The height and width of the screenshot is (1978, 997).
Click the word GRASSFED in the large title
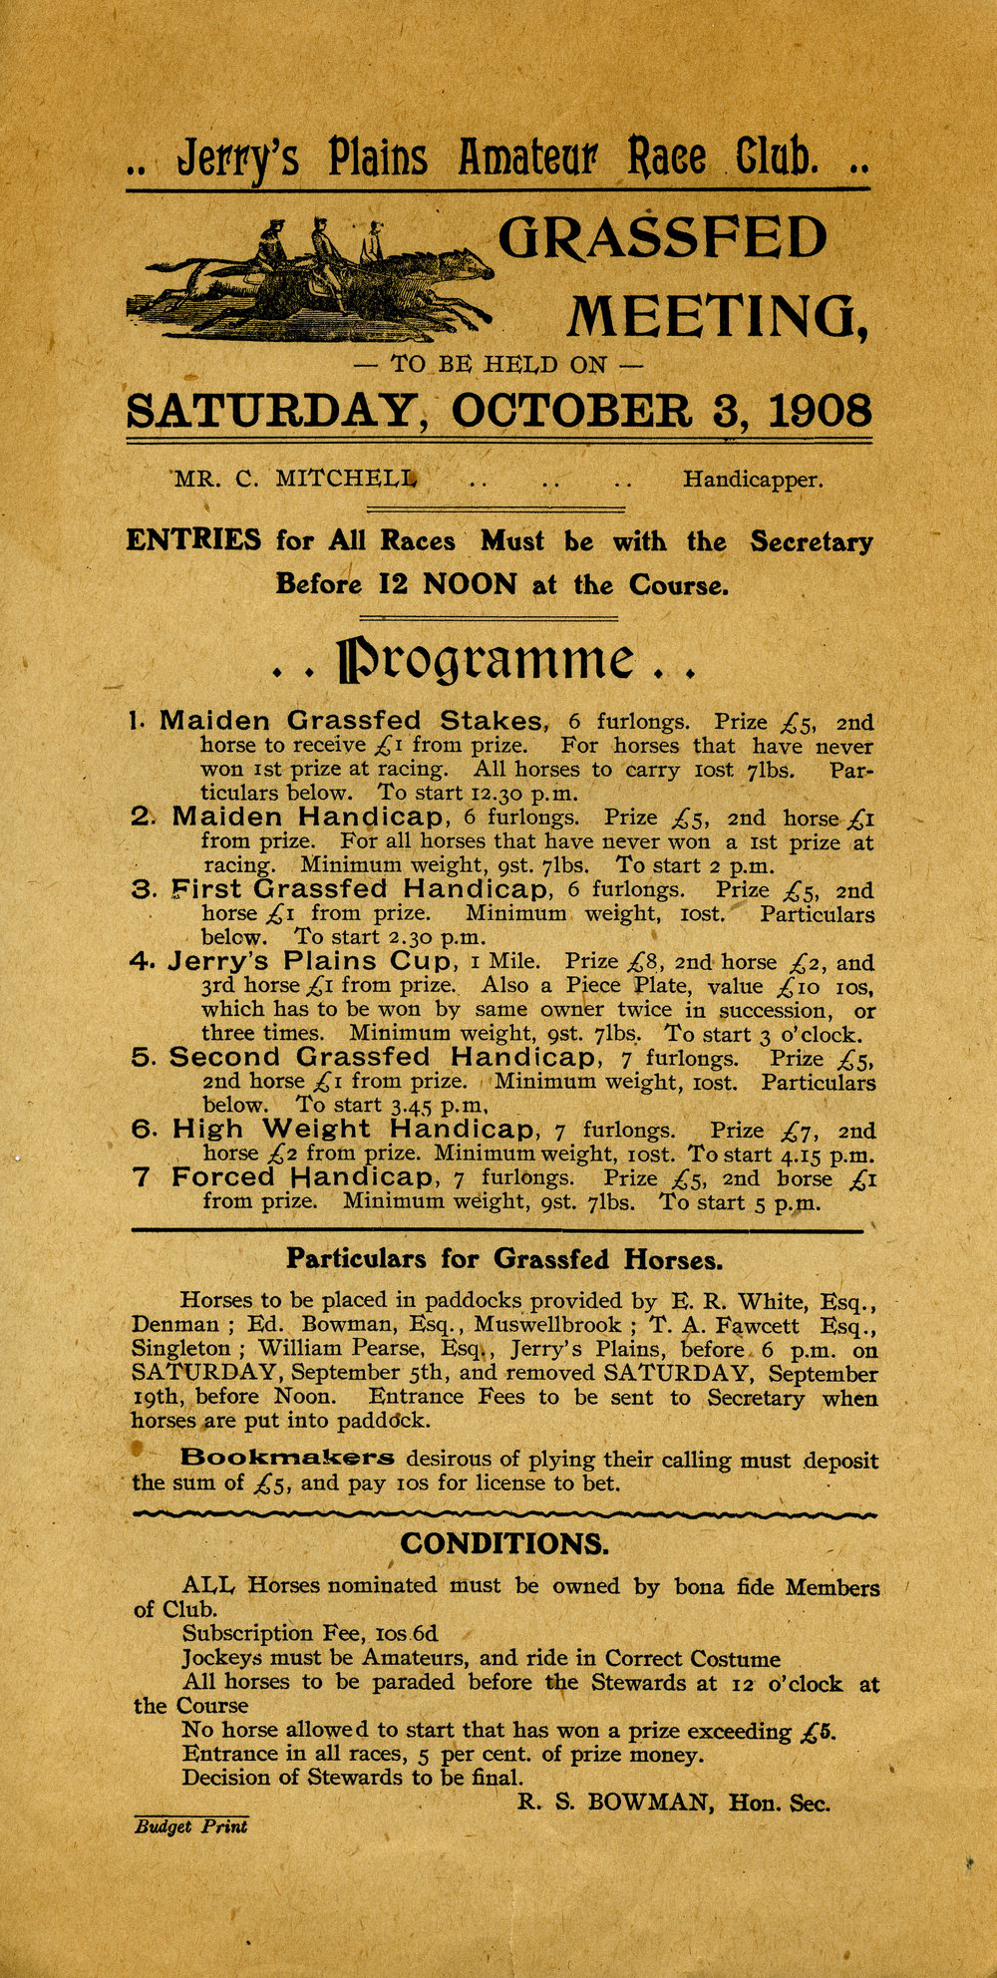[662, 239]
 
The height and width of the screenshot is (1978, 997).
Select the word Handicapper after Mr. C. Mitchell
[753, 481]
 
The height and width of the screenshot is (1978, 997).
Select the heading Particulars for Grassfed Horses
[503, 1259]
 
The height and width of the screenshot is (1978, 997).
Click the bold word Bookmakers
[287, 1458]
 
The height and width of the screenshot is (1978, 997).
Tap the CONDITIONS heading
[503, 1543]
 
